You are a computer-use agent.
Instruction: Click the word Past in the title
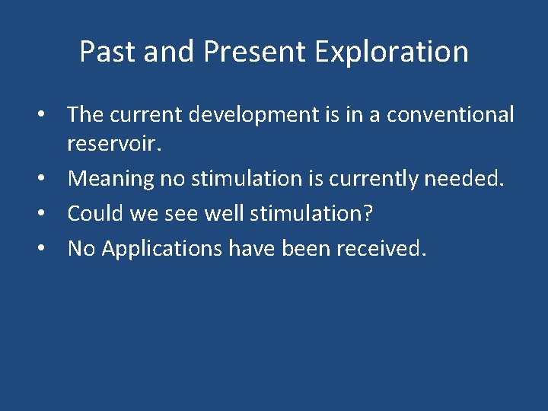point(103,52)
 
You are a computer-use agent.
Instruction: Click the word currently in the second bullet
point(380,178)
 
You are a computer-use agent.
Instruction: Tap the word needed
point(476,178)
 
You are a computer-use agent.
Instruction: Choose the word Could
point(94,213)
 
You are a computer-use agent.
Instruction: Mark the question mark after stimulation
point(368,213)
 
